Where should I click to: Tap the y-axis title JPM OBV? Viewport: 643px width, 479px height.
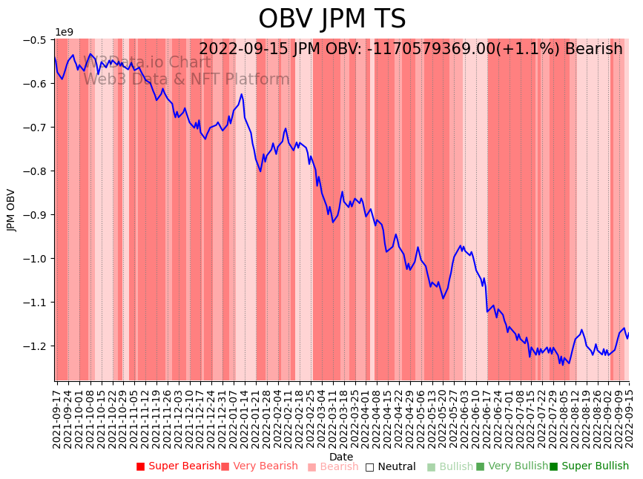(x=12, y=210)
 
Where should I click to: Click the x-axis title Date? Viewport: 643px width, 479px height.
(x=341, y=457)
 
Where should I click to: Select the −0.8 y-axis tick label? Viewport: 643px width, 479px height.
(x=36, y=171)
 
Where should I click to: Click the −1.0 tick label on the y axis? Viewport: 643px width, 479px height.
(x=36, y=258)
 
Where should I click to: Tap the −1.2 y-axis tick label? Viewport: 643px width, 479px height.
(x=36, y=346)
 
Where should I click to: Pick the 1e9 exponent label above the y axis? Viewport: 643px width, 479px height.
(x=64, y=32)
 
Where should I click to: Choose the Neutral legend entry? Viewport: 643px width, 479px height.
(x=396, y=466)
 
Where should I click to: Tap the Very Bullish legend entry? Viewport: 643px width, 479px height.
(x=518, y=466)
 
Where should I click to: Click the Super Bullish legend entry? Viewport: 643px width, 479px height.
(x=594, y=466)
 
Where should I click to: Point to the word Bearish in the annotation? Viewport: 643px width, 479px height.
(x=593, y=49)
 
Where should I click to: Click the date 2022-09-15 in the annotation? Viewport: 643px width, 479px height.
(x=243, y=49)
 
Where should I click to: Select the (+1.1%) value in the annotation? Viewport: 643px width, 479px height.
(x=530, y=49)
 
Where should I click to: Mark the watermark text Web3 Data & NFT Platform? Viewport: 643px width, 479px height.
(x=186, y=79)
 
